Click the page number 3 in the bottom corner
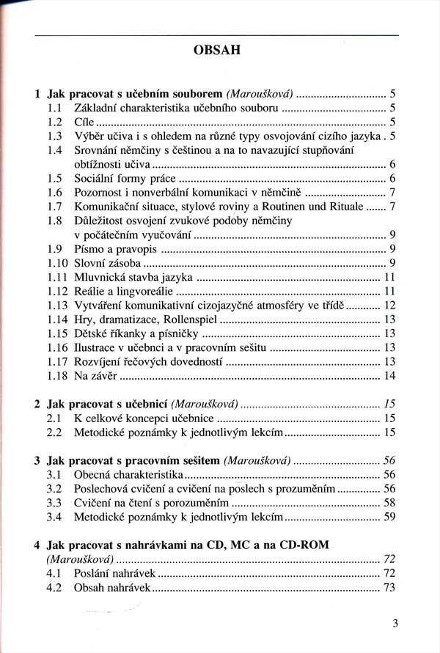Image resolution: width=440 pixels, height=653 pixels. pos(395,624)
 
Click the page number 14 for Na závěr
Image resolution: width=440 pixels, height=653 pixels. pos(389,376)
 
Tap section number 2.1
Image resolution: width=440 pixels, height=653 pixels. pos(53,418)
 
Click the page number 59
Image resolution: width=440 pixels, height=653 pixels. pos(389,517)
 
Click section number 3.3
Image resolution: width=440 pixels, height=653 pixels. pos(53,503)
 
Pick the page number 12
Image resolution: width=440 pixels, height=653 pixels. pos(389,306)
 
